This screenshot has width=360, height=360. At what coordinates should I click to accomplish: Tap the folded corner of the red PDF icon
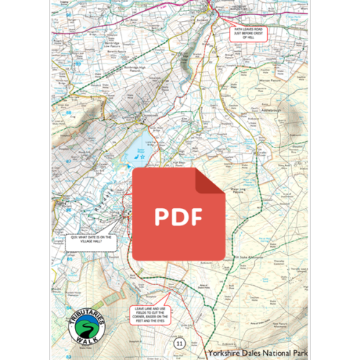tap(213, 180)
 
